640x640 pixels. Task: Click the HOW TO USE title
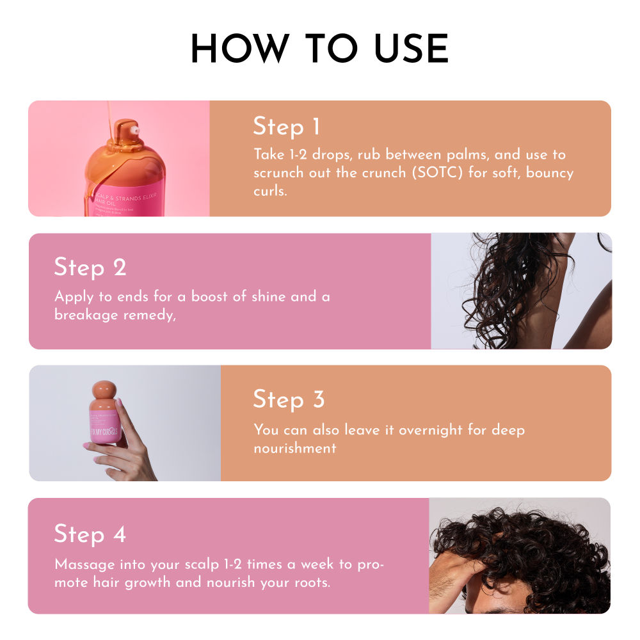(319, 48)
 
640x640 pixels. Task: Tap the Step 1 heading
(286, 127)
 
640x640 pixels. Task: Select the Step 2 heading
(90, 268)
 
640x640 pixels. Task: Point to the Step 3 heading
(289, 399)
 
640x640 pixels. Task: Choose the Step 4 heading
(90, 534)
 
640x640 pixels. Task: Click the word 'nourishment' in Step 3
(294, 448)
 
